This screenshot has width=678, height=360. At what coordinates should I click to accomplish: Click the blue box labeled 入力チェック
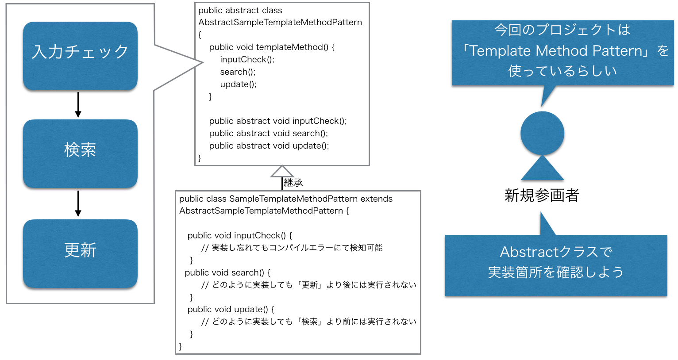[80, 56]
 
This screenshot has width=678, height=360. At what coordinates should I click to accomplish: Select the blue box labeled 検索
[80, 153]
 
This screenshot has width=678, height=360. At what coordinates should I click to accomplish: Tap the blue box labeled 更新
[80, 253]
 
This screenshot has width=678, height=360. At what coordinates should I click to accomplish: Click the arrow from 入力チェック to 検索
[78, 105]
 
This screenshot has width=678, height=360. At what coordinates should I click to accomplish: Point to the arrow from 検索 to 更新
[78, 203]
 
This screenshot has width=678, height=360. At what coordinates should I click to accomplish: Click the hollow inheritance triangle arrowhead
[282, 172]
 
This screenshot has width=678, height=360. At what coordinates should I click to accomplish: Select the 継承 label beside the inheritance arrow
[293, 183]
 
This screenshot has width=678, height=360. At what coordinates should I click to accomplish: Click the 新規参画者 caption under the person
[542, 195]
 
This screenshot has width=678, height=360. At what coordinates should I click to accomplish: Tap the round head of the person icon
[542, 133]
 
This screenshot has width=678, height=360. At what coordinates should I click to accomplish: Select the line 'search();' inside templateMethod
[238, 72]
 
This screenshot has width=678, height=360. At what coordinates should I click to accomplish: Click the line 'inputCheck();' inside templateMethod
[247, 59]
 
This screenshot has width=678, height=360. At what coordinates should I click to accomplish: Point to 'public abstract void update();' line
[269, 146]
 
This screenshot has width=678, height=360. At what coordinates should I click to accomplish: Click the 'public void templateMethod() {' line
[272, 47]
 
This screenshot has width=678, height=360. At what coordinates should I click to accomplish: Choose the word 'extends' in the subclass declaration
[376, 199]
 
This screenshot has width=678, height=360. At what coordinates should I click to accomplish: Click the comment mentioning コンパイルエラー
[292, 248]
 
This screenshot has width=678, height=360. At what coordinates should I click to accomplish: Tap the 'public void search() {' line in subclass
[227, 272]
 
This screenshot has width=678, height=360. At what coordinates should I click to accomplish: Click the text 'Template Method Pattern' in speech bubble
[556, 51]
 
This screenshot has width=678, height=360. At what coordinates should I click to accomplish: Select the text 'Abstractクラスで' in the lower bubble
[556, 252]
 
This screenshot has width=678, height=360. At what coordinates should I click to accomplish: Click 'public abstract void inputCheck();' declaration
[278, 121]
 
